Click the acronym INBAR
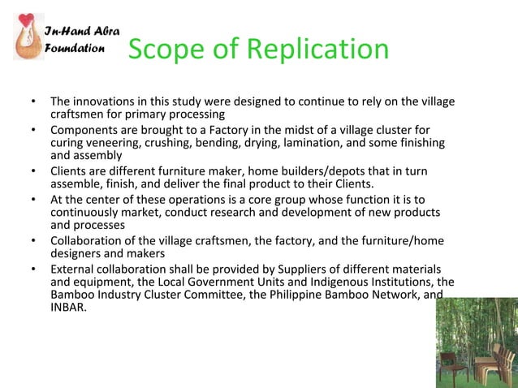pyautogui.click(x=67, y=308)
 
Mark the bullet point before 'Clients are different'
pyautogui.click(x=34, y=171)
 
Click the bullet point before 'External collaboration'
pyautogui.click(x=34, y=269)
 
